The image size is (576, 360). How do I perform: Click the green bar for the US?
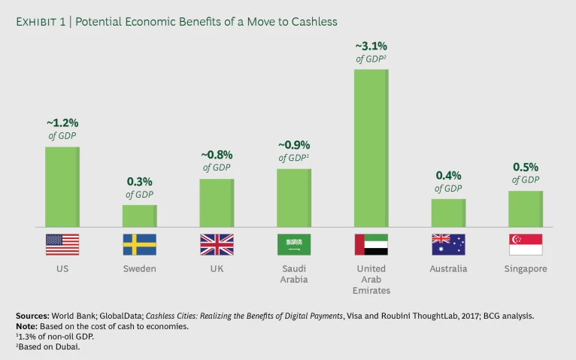(x=62, y=186)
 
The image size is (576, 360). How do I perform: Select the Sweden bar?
(x=140, y=216)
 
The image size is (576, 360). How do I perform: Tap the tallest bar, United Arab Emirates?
(x=371, y=148)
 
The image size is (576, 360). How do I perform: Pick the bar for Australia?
(x=448, y=213)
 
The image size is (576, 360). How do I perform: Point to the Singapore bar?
(x=526, y=209)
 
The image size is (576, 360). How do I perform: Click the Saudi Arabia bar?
(x=294, y=198)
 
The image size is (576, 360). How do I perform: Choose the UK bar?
(x=217, y=203)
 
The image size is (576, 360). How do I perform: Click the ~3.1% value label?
(x=371, y=47)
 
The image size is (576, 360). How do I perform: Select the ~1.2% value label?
(x=62, y=123)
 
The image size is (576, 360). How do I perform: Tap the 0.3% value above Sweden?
(x=140, y=182)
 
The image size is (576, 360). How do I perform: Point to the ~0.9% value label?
(x=294, y=145)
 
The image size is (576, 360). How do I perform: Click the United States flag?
(x=62, y=244)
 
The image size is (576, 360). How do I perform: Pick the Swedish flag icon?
(x=140, y=244)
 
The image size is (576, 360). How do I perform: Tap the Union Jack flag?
(x=217, y=244)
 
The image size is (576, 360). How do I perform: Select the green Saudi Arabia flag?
(x=294, y=244)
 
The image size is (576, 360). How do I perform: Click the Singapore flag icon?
(x=526, y=244)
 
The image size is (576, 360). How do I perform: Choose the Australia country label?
(x=448, y=269)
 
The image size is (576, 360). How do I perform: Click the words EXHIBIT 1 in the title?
(x=42, y=22)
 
